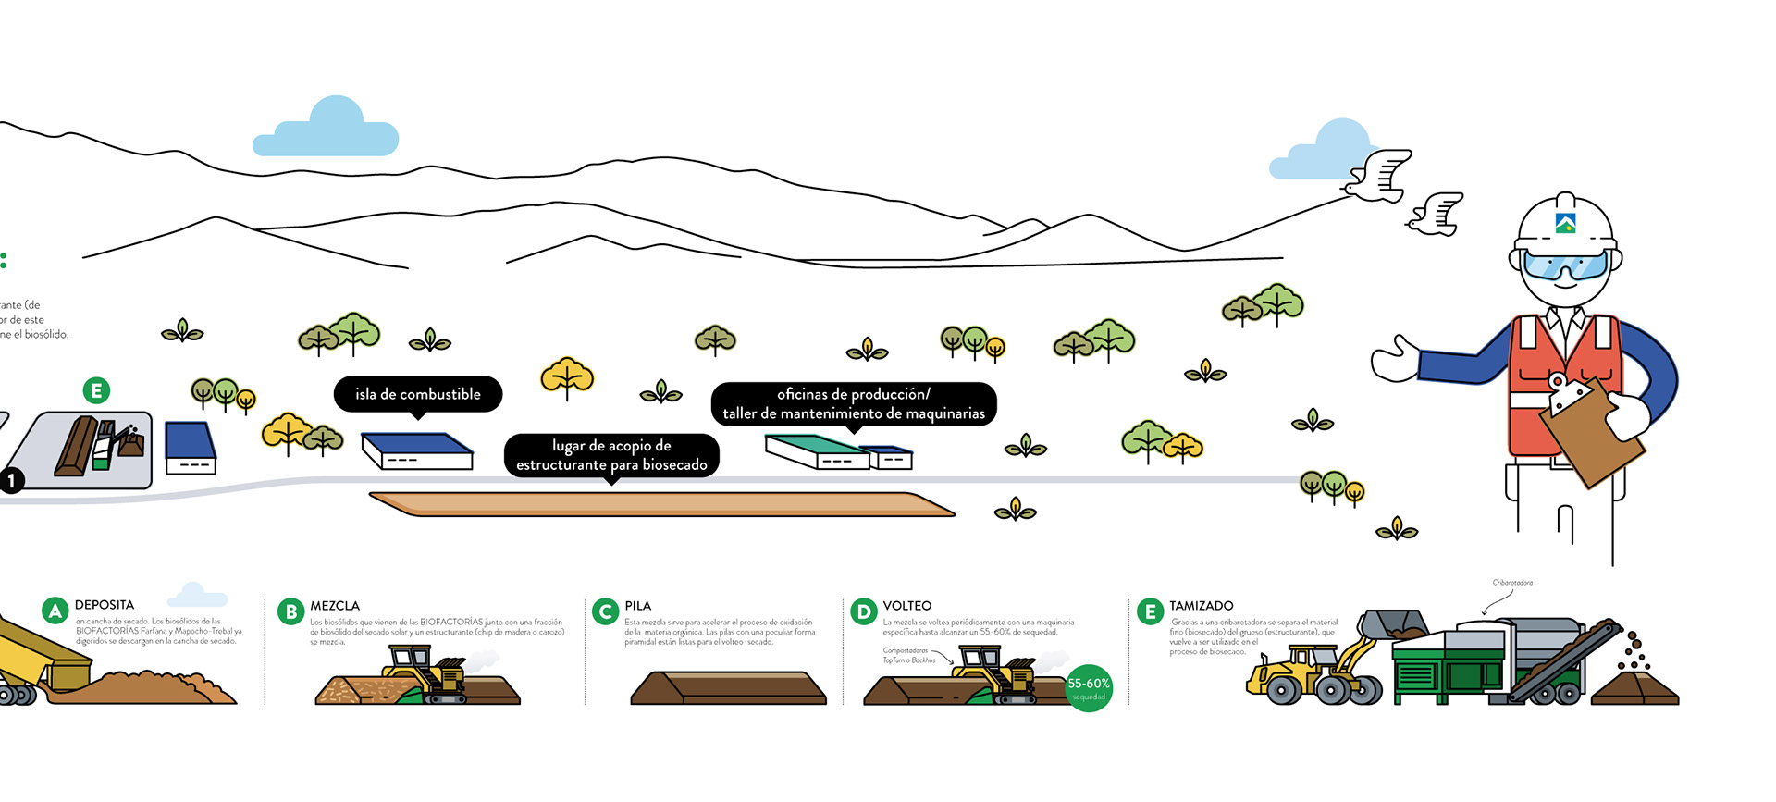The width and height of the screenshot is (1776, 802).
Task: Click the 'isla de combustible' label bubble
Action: pyautogui.click(x=417, y=394)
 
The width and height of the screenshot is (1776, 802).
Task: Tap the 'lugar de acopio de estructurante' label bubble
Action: pyautogui.click(x=611, y=455)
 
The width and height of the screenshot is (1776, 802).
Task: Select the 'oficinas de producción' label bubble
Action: pyautogui.click(x=853, y=404)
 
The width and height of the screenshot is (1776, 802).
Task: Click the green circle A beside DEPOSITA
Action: pyautogui.click(x=55, y=611)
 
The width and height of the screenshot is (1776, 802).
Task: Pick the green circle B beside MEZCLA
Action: pyautogui.click(x=291, y=611)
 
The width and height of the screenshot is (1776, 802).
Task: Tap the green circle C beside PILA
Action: pyautogui.click(x=606, y=611)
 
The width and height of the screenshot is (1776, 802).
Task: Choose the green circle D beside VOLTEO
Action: pyautogui.click(x=864, y=611)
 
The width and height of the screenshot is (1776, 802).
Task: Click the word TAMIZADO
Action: pyautogui.click(x=1201, y=606)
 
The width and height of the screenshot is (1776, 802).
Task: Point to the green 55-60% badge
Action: pyautogui.click(x=1089, y=687)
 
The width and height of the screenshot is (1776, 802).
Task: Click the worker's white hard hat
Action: pyautogui.click(x=1565, y=222)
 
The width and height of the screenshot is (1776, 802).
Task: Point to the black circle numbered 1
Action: pyautogui.click(x=11, y=481)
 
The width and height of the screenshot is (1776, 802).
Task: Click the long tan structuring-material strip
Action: pyautogui.click(x=661, y=504)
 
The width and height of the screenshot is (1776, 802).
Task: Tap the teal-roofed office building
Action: pyautogui.click(x=817, y=450)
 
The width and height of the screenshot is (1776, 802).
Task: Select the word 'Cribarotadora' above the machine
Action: pyautogui.click(x=1512, y=583)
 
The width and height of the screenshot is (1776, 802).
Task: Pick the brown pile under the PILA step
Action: pyautogui.click(x=728, y=688)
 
